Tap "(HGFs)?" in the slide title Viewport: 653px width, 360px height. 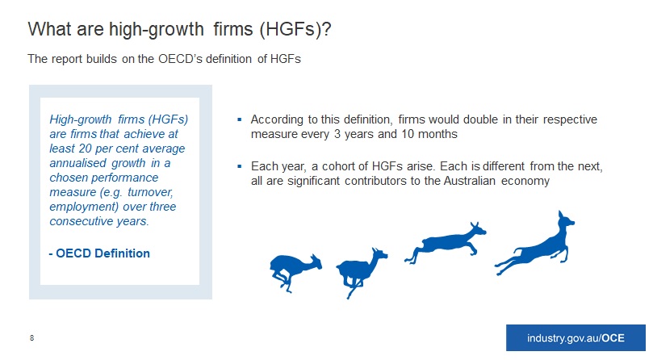point(295,30)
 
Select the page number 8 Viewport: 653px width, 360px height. point(32,338)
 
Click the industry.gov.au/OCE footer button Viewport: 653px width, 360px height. point(576,338)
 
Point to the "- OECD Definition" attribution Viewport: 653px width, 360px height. point(99,253)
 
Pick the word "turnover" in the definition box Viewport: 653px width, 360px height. point(150,192)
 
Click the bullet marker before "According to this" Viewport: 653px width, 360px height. point(240,119)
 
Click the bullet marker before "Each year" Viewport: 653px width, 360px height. point(240,166)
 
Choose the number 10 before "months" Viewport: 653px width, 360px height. point(408,134)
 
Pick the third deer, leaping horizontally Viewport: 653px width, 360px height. point(445,243)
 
